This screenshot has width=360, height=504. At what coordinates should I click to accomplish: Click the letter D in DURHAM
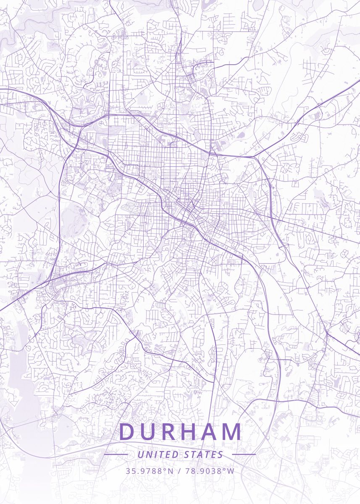point(128,432)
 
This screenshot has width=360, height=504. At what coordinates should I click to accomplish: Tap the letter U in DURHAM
point(150,432)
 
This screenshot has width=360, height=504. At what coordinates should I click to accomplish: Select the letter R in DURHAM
point(171,432)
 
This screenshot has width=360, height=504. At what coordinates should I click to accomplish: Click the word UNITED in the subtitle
point(158,454)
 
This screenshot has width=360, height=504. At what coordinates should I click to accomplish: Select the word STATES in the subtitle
point(204,454)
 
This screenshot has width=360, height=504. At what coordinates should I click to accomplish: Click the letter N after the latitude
point(170,471)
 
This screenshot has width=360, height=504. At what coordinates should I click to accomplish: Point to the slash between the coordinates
point(179,471)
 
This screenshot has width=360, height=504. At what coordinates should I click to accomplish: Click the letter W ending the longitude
point(231,471)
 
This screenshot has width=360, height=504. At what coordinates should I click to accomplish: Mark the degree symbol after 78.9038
point(225,469)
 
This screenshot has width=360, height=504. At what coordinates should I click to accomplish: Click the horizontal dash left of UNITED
point(116,454)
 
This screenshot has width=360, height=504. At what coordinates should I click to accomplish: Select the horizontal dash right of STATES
point(244,454)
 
